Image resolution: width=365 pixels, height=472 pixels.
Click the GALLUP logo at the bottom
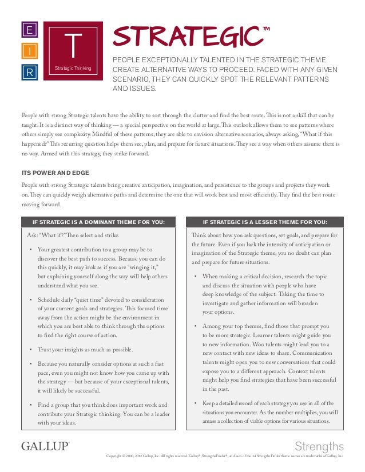[x=45, y=446]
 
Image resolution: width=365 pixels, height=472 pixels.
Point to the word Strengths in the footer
[x=319, y=446]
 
